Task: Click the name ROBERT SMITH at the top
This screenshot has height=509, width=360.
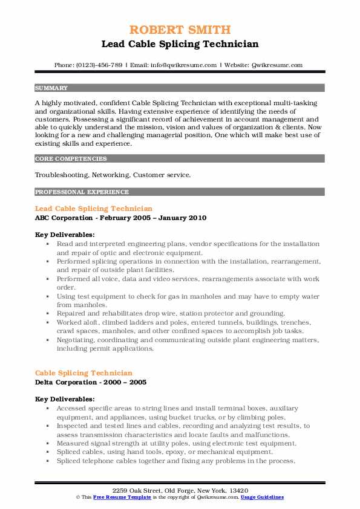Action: point(180,30)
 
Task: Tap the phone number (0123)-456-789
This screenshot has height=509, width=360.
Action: point(97,65)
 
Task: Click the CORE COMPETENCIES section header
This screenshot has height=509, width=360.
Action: point(71,159)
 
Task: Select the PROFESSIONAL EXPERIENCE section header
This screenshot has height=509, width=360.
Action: point(82,192)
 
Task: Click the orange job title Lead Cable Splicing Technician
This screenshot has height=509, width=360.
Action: point(94,209)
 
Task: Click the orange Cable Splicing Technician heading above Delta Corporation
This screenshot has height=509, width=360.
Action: point(83,373)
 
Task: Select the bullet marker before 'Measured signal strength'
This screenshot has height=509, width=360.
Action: point(47,443)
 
